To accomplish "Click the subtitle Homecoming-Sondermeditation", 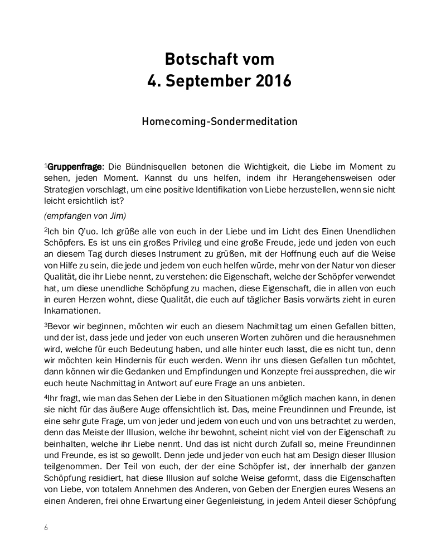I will (220, 121).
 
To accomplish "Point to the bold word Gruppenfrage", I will (75, 167).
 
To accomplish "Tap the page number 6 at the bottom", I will (46, 528).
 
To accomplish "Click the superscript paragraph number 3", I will (46, 324).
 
